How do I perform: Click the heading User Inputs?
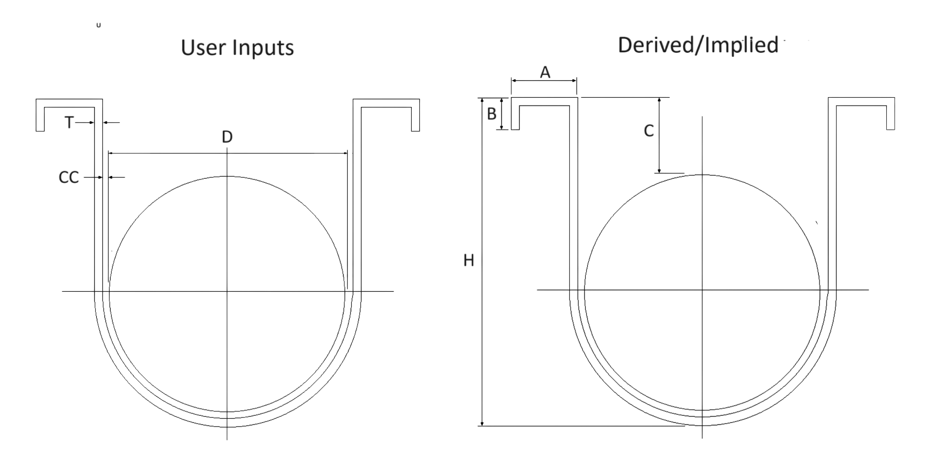(x=238, y=48)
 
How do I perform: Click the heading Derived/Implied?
(x=698, y=46)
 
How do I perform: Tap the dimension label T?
(x=69, y=122)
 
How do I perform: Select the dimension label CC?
(x=69, y=177)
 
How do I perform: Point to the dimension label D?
(x=227, y=137)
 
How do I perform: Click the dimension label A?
(x=545, y=73)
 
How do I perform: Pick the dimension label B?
(x=492, y=114)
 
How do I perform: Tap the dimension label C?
(x=648, y=132)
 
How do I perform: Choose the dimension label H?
(x=468, y=261)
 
